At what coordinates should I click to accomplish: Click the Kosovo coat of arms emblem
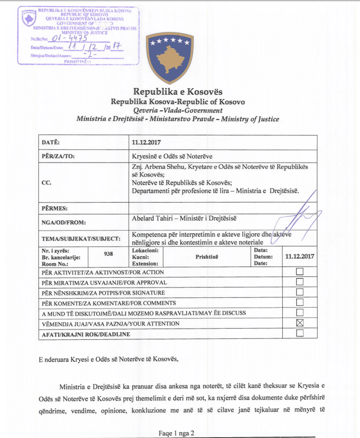pyautogui.click(x=169, y=58)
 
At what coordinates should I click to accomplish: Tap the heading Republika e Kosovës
pyautogui.click(x=177, y=91)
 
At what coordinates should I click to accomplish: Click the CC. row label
pyautogui.click(x=46, y=182)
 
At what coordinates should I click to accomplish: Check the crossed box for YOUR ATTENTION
pyautogui.click(x=300, y=323)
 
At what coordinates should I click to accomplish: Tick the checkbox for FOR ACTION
pyautogui.click(x=300, y=272)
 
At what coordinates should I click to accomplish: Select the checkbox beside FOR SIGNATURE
pyautogui.click(x=300, y=292)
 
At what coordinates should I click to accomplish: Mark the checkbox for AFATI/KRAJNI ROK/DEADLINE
pyautogui.click(x=300, y=333)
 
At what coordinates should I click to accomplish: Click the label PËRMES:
pyautogui.click(x=55, y=208)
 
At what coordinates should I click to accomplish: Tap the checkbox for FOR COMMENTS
pyautogui.click(x=300, y=303)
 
